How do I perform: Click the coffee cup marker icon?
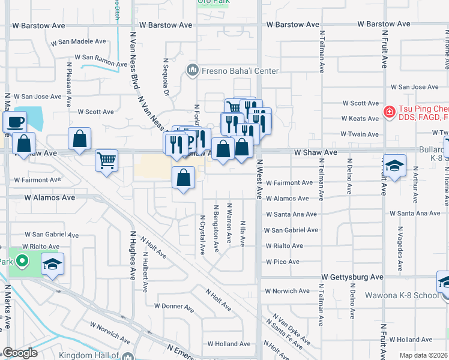tap(14, 122)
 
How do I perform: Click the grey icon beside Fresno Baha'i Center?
tap(192, 71)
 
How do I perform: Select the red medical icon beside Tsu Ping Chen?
tap(389, 112)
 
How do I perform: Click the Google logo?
tap(20, 353)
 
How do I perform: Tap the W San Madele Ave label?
tap(78, 42)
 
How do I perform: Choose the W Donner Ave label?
tap(173, 307)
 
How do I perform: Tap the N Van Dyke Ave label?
tap(291, 329)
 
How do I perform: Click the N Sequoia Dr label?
tap(165, 77)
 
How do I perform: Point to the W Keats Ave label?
tap(360, 118)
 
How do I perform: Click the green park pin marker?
tap(22, 262)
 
